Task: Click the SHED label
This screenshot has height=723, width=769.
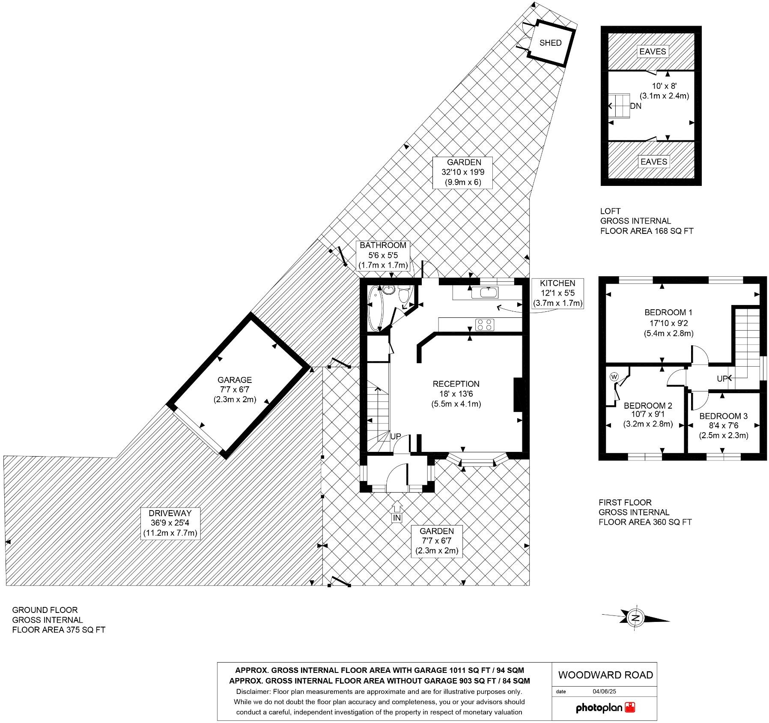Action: (x=550, y=43)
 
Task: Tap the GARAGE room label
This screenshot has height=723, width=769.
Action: (x=234, y=380)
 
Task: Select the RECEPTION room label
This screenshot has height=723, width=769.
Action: (x=456, y=384)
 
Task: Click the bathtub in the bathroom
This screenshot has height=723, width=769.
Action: (x=375, y=308)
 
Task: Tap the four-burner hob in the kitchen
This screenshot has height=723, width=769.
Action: (x=485, y=324)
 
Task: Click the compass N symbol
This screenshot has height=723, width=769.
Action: (x=636, y=618)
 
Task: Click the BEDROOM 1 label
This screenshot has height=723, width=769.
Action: (x=668, y=312)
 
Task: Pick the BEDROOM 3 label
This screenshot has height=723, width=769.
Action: (x=723, y=416)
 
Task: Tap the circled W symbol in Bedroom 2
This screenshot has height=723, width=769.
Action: (x=614, y=376)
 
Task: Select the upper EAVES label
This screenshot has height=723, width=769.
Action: (x=653, y=51)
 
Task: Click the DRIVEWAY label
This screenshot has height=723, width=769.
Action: (x=170, y=513)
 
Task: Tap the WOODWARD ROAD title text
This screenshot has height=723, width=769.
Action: (x=605, y=675)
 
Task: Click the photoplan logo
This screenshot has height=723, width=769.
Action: (x=605, y=708)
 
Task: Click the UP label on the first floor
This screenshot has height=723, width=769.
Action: (x=722, y=379)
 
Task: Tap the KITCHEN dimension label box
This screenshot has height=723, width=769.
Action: (x=557, y=293)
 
